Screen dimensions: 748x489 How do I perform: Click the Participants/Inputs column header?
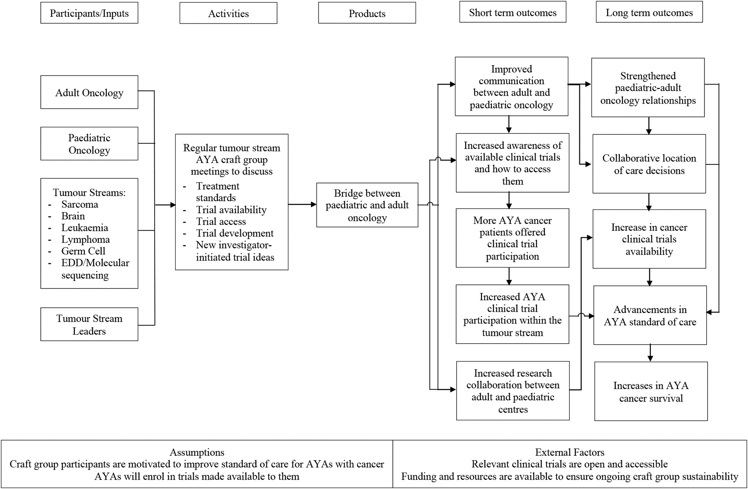[x=89, y=13]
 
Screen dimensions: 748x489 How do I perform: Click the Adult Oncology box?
[x=89, y=92]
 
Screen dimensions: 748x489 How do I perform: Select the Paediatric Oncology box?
[x=89, y=144]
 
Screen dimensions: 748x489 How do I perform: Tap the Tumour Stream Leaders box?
[x=89, y=324]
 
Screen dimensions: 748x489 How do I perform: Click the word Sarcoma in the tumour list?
[x=80, y=204]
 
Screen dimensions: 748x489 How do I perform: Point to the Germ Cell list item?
[x=83, y=251]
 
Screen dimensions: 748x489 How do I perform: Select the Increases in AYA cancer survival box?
[x=651, y=391]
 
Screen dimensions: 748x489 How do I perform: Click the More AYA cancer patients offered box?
[x=513, y=238]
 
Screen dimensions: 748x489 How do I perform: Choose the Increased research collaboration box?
[x=513, y=391]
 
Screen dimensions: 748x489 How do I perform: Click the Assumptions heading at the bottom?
[x=197, y=452]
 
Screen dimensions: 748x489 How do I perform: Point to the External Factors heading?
[x=570, y=452]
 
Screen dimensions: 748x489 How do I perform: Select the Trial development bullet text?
[x=235, y=233]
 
